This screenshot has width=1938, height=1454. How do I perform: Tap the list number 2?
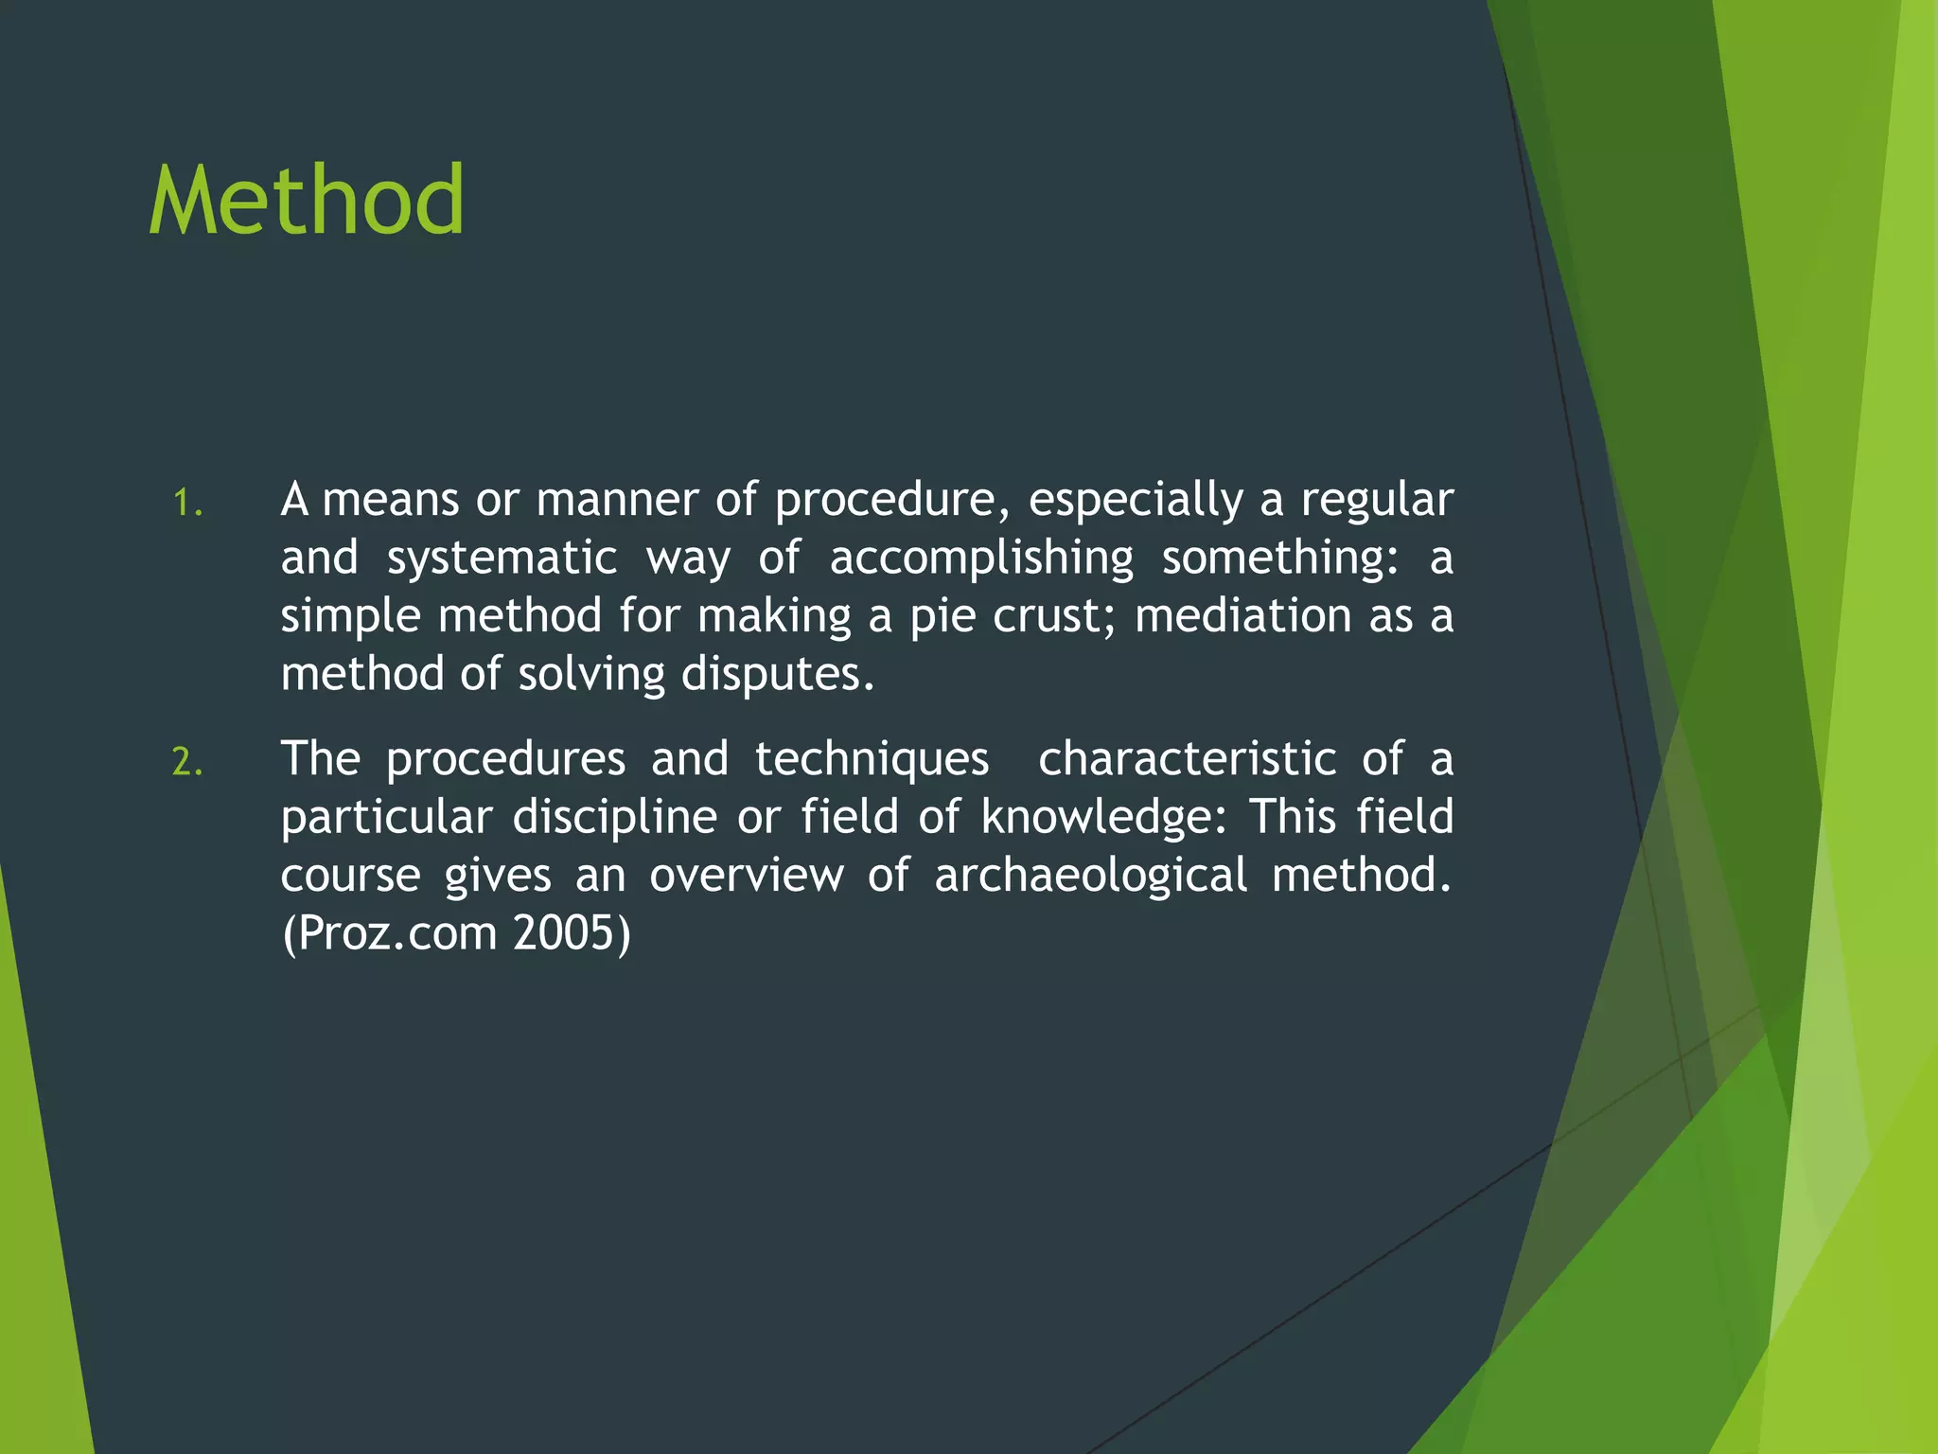pyautogui.click(x=187, y=762)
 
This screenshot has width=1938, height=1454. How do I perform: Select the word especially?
pyautogui.click(x=1136, y=501)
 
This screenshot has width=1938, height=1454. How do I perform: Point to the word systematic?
pyautogui.click(x=502, y=559)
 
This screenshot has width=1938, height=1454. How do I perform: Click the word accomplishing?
pyautogui.click(x=981, y=559)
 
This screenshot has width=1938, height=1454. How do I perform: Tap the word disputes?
pyautogui.click(x=778, y=675)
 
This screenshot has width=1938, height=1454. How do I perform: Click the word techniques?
pyautogui.click(x=872, y=760)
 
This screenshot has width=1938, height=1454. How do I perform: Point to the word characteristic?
pyautogui.click(x=1187, y=760)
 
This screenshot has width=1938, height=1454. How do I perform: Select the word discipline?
pyautogui.click(x=615, y=818)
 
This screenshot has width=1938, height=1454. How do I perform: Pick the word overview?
pyautogui.click(x=746, y=877)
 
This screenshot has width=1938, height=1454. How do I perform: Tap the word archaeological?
pyautogui.click(x=1090, y=877)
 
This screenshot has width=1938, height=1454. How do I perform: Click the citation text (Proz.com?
pyautogui.click(x=389, y=935)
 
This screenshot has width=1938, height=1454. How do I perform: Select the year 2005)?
pyautogui.click(x=572, y=935)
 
